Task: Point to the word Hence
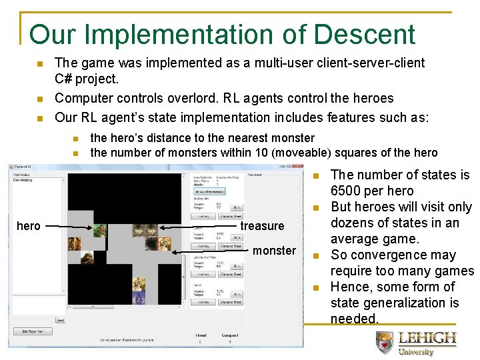(x=349, y=287)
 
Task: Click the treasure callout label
(x=262, y=226)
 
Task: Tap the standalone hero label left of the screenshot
(x=28, y=226)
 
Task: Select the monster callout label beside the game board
(x=274, y=251)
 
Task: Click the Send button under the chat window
(x=60, y=320)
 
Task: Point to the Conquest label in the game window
(x=230, y=335)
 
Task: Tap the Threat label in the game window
(x=201, y=335)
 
